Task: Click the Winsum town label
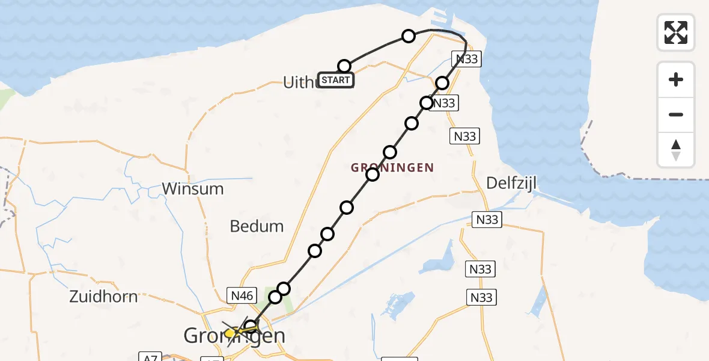192,189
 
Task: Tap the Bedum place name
257,226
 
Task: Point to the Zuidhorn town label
103,296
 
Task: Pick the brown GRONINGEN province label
392,168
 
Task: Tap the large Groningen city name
234,336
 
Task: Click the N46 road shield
242,295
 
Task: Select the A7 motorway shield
150,357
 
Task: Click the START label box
335,80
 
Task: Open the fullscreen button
676,32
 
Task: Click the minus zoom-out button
676,115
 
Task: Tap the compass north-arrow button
676,150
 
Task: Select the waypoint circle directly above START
344,66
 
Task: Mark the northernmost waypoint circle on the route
409,36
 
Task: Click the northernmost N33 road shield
466,59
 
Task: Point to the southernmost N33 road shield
481,297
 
